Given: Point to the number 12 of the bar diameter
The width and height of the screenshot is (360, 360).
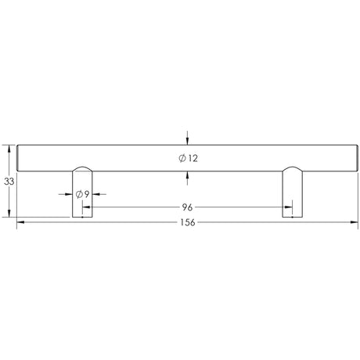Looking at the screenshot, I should (x=193, y=158).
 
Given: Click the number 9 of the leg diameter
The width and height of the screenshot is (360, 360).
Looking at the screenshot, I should (x=88, y=193).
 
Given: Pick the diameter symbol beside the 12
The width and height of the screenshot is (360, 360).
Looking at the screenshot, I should (x=182, y=158).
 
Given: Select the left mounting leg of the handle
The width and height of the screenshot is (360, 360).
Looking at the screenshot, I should (x=82, y=196).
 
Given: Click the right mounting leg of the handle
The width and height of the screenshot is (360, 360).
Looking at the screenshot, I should (x=291, y=196).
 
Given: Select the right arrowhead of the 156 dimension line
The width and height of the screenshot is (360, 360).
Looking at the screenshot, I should (x=354, y=223).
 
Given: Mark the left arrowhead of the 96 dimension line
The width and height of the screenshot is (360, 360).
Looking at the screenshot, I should (x=86, y=208).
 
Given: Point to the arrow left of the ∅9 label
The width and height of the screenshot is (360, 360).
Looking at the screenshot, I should (x=70, y=193).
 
